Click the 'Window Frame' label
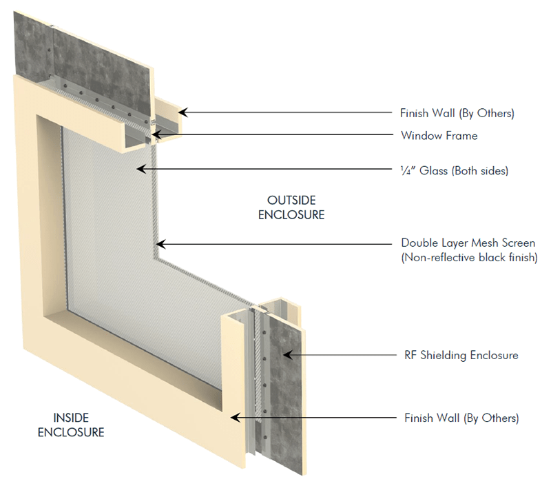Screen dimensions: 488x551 (x=439, y=136)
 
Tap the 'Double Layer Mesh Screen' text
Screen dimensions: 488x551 (x=468, y=243)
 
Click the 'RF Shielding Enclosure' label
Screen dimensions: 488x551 (x=459, y=356)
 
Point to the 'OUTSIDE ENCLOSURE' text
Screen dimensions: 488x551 (x=291, y=207)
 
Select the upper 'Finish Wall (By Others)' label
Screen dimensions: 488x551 (x=457, y=112)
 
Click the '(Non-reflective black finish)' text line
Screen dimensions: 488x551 (x=468, y=258)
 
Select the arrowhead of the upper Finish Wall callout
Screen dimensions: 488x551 (x=182, y=112)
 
